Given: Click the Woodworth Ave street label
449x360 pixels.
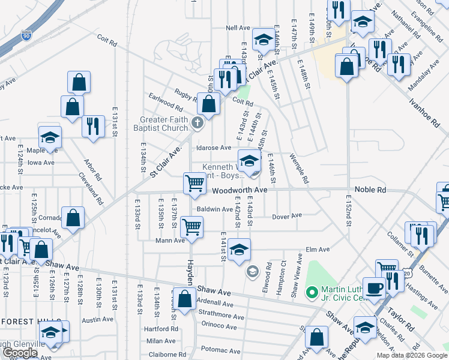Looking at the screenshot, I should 239,190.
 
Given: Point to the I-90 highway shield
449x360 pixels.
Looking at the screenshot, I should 25,36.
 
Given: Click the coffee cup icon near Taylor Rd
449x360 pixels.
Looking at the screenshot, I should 374,287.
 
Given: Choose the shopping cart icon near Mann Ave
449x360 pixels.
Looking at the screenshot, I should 192,227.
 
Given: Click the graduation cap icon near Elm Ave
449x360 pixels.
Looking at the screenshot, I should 239,249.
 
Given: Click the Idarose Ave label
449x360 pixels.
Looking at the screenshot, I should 213,148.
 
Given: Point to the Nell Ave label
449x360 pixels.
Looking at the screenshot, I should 238,28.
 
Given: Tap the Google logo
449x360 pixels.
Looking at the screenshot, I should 20,353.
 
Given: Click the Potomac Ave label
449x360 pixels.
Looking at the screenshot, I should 220,349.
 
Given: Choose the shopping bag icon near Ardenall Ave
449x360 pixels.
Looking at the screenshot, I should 184,298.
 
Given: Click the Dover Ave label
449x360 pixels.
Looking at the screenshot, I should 286,216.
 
